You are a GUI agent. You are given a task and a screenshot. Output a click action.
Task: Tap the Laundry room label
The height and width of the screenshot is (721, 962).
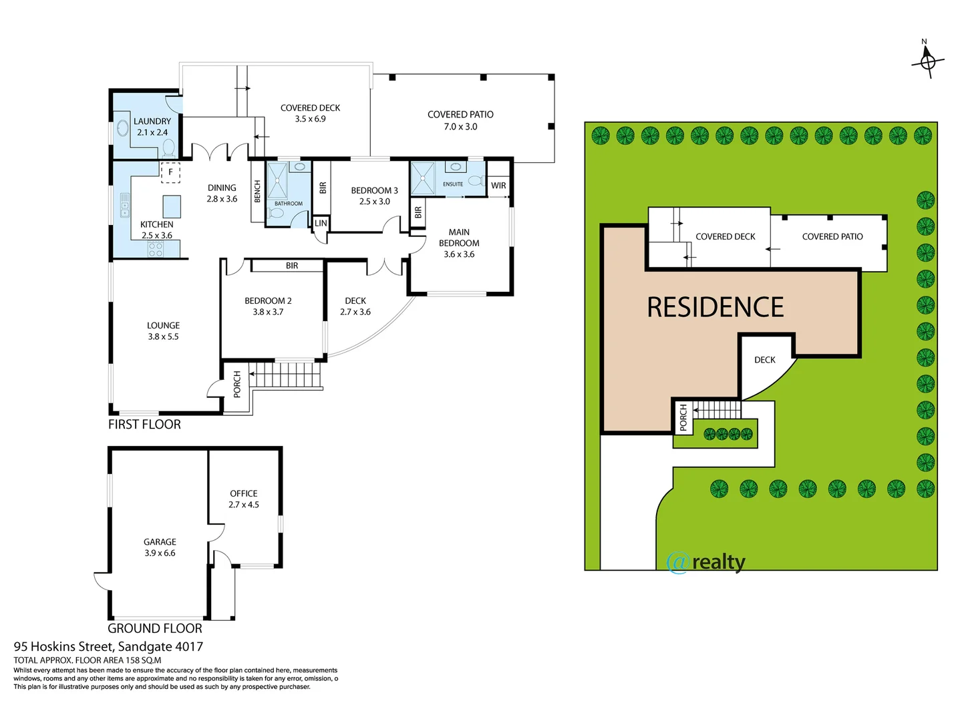click(152, 126)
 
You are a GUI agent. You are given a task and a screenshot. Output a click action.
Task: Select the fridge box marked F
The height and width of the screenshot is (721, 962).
click(170, 172)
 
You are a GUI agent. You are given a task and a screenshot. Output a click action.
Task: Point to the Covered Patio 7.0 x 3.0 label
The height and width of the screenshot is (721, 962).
click(460, 120)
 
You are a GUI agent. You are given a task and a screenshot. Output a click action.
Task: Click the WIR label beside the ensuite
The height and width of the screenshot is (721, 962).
click(498, 186)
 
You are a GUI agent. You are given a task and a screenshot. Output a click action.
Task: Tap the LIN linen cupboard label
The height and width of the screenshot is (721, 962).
click(321, 223)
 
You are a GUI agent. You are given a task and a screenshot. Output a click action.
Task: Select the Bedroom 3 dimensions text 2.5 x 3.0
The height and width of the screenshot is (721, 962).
click(374, 202)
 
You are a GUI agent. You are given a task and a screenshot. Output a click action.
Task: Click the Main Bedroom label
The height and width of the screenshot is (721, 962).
click(459, 243)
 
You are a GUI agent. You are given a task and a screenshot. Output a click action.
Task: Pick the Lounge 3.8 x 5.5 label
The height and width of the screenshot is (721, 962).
click(164, 331)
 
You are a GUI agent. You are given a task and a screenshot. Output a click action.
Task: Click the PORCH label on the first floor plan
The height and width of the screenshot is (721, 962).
click(236, 385)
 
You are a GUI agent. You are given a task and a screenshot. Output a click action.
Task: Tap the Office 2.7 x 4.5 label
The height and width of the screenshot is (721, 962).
click(244, 499)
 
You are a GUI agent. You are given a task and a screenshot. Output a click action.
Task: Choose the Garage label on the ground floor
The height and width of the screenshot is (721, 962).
click(160, 547)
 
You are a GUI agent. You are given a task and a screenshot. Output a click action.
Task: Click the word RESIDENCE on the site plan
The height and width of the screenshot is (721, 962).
click(715, 308)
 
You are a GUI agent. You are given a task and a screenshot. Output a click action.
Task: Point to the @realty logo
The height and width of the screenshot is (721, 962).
click(706, 562)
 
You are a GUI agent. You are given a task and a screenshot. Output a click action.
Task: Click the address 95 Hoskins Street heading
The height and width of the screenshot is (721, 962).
click(108, 646)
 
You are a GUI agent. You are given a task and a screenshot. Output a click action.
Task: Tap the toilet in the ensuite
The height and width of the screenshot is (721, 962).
click(476, 180)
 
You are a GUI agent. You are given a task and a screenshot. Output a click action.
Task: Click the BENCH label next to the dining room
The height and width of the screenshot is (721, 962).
click(257, 192)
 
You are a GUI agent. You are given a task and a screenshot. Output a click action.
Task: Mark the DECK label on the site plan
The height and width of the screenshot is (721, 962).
click(764, 360)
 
